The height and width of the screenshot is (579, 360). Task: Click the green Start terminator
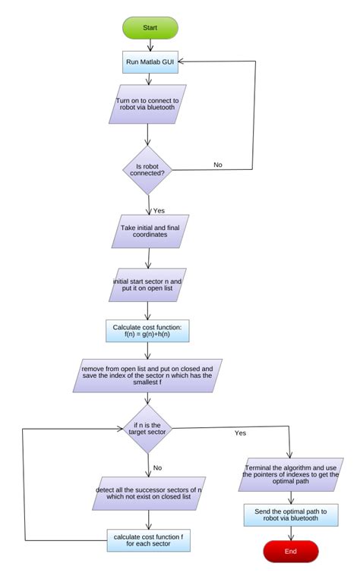(150, 27)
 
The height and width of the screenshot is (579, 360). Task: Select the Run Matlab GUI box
(150, 62)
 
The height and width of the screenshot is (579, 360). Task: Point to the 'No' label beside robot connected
(217, 164)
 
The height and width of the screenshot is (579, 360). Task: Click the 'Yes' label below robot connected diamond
(159, 210)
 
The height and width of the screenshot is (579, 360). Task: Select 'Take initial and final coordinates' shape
(150, 231)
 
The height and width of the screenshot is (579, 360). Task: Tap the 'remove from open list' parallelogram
(147, 376)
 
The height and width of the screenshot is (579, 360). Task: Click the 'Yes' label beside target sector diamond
(240, 433)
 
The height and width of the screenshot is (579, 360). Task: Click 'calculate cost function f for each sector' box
(149, 540)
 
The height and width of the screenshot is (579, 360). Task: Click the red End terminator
(291, 552)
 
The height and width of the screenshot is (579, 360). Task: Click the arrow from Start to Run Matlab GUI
(150, 45)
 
